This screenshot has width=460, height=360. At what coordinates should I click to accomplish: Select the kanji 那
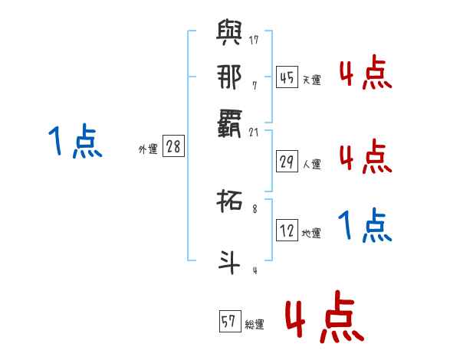coord(228,77)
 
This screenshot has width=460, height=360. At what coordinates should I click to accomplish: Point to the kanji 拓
coord(228,203)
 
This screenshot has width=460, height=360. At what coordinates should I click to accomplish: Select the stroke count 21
coord(254,133)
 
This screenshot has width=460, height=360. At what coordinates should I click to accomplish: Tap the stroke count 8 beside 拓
coord(255,208)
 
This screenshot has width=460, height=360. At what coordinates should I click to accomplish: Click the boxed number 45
coord(287,77)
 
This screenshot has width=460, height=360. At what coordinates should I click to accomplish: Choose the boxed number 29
coord(287,161)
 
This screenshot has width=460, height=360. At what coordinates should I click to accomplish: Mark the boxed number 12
coord(287,231)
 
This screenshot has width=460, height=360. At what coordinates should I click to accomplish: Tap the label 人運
coord(312,164)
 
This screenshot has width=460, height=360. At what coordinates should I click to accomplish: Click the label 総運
coord(255,325)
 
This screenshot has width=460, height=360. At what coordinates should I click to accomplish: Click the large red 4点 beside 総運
coord(324,316)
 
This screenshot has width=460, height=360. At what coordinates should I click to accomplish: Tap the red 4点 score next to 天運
coord(365,74)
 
